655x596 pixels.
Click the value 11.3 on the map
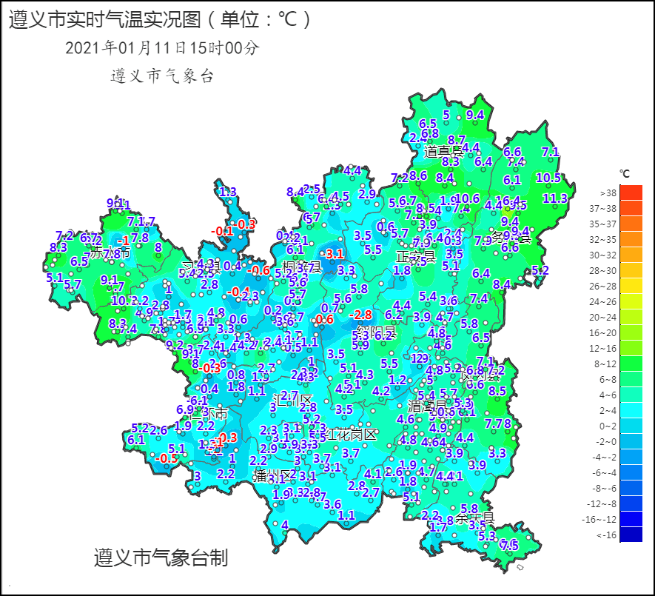[555, 198]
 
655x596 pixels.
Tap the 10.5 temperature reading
[548, 178]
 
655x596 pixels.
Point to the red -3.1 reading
[335, 254]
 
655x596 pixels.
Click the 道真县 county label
[443, 152]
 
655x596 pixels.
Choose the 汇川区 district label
[293, 401]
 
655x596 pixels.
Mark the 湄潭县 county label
[429, 406]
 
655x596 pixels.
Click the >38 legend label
[608, 193]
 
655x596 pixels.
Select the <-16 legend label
[606, 535]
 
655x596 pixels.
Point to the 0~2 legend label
[608, 426]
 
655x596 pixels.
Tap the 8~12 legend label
[608, 364]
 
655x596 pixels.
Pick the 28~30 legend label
[607, 271]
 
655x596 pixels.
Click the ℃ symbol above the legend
[625, 175]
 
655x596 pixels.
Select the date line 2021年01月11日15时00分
[162, 48]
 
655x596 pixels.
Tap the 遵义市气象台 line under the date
[161, 76]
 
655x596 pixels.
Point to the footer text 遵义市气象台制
[161, 558]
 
